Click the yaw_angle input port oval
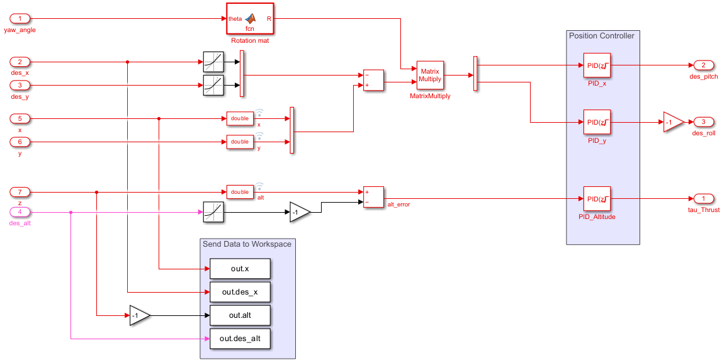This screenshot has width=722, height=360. click(x=20, y=19)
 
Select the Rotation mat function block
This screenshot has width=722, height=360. click(x=250, y=19)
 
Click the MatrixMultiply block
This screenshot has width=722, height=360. click(x=431, y=76)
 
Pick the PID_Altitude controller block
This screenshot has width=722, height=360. click(x=596, y=199)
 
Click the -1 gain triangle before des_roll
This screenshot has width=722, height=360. click(x=672, y=122)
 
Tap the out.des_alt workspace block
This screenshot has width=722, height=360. click(x=240, y=339)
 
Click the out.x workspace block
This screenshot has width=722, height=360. click(x=240, y=269)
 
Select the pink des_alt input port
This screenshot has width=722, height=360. click(x=20, y=212)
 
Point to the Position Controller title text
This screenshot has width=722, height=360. click(x=601, y=36)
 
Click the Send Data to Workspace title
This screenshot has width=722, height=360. click(x=247, y=244)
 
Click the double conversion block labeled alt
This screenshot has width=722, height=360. click(x=240, y=191)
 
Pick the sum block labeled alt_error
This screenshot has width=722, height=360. click(x=373, y=196)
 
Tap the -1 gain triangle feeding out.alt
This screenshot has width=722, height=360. click(x=139, y=315)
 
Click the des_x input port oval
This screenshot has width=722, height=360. click(x=20, y=62)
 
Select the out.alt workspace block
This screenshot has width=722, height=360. click(x=240, y=315)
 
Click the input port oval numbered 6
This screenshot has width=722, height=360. click(x=20, y=142)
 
